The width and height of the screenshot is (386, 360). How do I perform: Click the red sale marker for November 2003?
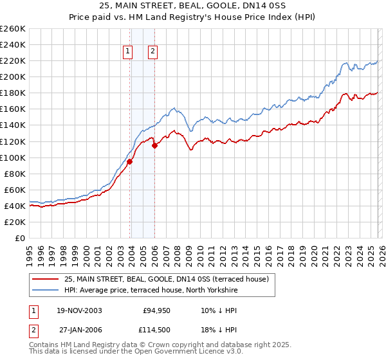(x=130, y=161)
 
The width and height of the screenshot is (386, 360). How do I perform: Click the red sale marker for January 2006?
(x=155, y=146)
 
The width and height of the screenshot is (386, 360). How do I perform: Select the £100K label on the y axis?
(x=13, y=157)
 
